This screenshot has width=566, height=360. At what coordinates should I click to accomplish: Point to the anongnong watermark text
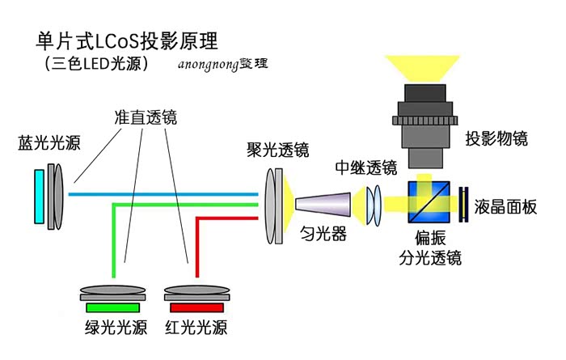222,65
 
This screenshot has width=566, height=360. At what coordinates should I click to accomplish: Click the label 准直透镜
145,118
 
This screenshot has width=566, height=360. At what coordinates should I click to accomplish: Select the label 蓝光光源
49,144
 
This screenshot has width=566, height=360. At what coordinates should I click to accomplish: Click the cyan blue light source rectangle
40,195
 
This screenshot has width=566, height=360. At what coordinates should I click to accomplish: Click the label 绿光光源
116,328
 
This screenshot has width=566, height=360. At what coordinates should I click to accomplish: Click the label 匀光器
323,235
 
